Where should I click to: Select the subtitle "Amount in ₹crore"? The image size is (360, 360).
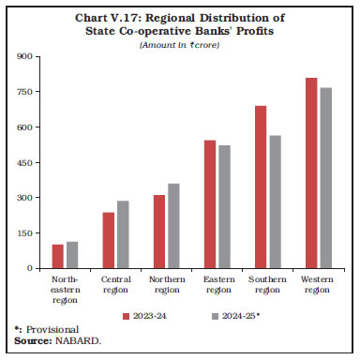179,45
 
